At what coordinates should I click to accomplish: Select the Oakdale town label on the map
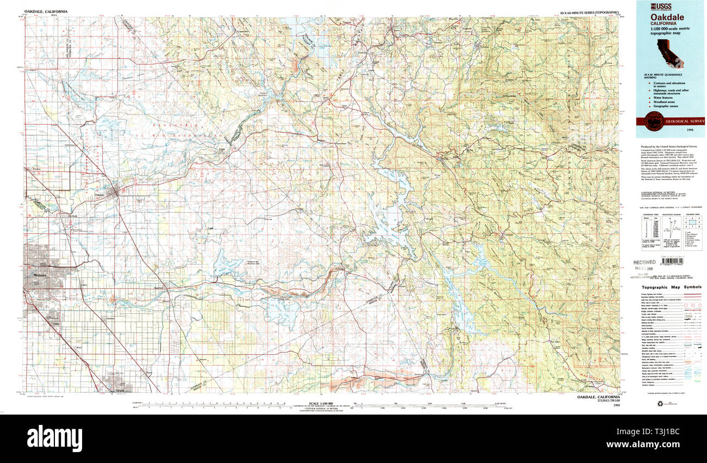(100, 195)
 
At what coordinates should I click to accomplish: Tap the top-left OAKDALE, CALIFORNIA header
(46, 11)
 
